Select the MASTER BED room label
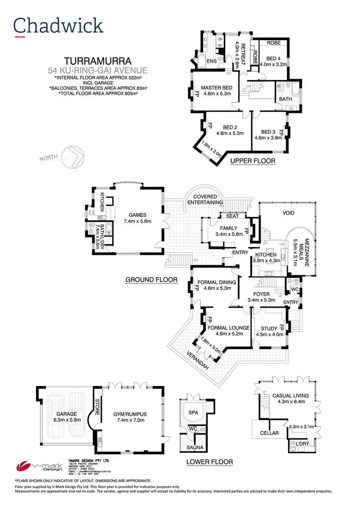click(x=216, y=88)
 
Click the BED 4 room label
click(x=273, y=59)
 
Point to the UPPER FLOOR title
click(x=252, y=161)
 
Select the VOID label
click(x=288, y=213)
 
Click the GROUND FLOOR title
click(x=151, y=279)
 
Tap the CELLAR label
click(x=269, y=433)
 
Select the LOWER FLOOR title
click(x=209, y=462)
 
